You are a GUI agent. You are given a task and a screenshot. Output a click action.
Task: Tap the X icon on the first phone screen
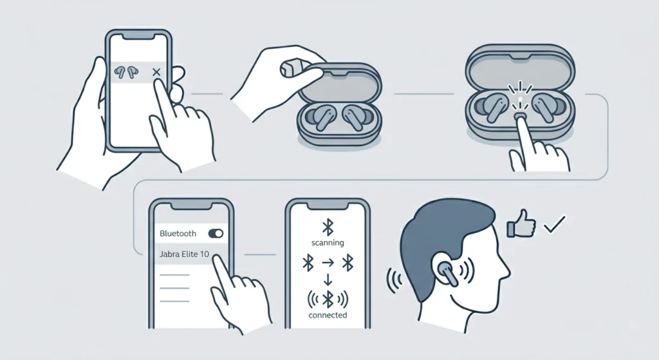[156, 72]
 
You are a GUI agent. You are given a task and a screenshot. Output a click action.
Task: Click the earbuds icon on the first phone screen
[125, 71]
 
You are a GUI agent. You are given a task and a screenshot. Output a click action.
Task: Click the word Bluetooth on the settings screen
[178, 233]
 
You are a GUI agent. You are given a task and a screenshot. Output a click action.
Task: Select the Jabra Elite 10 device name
[183, 254]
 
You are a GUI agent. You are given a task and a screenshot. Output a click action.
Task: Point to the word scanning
[327, 243]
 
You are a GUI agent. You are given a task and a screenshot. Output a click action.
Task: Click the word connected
[327, 315]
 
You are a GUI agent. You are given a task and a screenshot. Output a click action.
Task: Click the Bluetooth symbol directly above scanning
[327, 226]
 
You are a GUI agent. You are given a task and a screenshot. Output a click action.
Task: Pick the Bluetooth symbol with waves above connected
[327, 298]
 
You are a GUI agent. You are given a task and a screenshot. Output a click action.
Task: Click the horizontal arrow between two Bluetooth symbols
[328, 263]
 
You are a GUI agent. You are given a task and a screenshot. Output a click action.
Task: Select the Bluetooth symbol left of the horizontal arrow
[308, 263]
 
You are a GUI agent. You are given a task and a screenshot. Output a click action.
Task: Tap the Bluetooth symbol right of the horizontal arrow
[348, 263]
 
